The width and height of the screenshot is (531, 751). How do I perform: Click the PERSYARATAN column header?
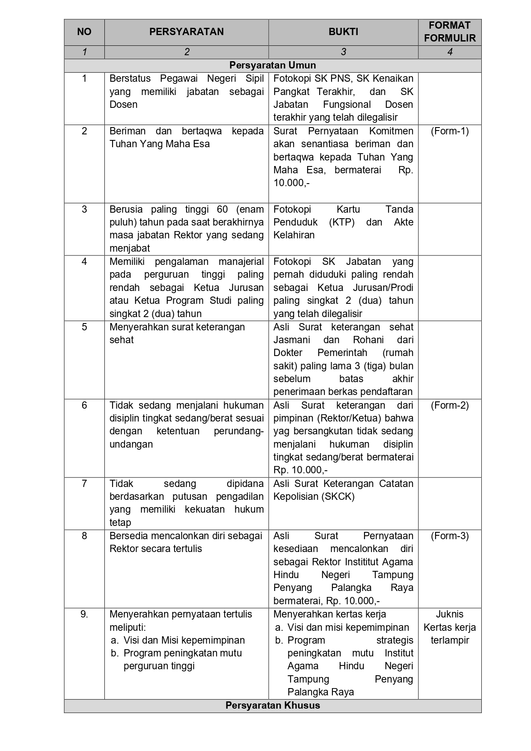pyautogui.click(x=186, y=32)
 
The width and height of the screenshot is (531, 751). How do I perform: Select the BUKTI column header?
pyautogui.click(x=343, y=32)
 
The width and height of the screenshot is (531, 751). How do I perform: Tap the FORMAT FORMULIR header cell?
pyautogui.click(x=450, y=32)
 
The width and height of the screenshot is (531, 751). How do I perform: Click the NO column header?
pyautogui.click(x=84, y=32)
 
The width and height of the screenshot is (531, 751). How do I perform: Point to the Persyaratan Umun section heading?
pyautogui.click(x=273, y=65)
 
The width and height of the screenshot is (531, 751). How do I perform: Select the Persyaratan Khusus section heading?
pyautogui.click(x=273, y=705)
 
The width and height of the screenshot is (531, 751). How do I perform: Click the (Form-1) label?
pyautogui.click(x=450, y=131)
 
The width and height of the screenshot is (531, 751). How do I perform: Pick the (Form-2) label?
pyautogui.click(x=450, y=405)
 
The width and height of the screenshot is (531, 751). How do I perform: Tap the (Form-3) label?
pyautogui.click(x=450, y=536)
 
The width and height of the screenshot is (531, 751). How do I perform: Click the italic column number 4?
pyautogui.click(x=450, y=52)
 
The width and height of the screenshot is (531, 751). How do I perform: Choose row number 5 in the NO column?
pyautogui.click(x=84, y=327)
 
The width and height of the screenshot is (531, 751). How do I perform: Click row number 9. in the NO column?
pyautogui.click(x=84, y=614)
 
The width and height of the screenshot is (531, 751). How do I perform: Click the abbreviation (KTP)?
pyautogui.click(x=342, y=222)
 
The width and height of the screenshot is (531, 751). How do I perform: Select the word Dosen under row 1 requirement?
pyautogui.click(x=123, y=104)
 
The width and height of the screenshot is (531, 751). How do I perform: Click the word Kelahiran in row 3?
pyautogui.click(x=294, y=235)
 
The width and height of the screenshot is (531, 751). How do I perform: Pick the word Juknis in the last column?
pyautogui.click(x=450, y=614)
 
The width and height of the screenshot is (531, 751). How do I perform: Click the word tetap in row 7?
pyautogui.click(x=120, y=522)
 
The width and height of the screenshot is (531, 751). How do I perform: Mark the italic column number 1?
pyautogui.click(x=84, y=52)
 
